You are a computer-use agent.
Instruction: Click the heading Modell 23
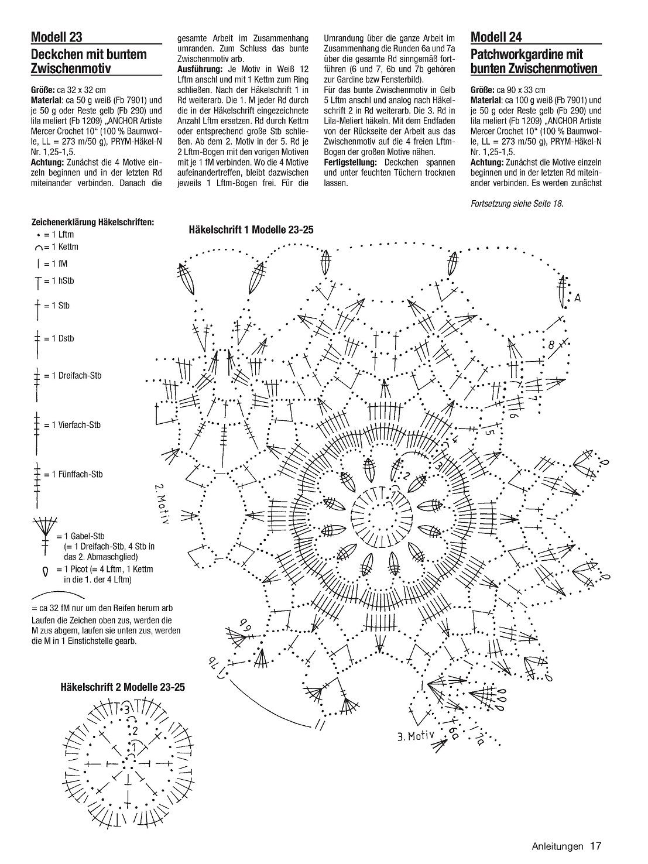[x=57, y=37]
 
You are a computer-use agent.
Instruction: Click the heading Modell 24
[x=496, y=37]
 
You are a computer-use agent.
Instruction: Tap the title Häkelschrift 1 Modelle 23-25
[x=251, y=229]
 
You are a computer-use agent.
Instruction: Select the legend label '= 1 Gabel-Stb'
[x=81, y=536]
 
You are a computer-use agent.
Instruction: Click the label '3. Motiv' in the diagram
[x=416, y=735]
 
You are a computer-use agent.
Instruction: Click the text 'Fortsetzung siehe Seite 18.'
[x=517, y=204]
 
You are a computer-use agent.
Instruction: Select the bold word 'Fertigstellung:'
[x=350, y=162]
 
